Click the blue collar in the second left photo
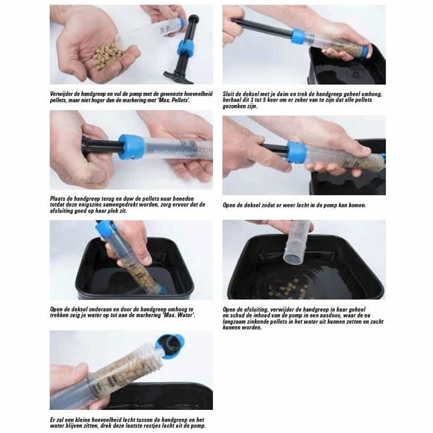[x=132, y=147]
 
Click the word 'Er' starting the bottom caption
[x=53, y=420]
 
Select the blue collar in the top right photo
[x=298, y=36]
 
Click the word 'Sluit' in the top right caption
[x=229, y=94]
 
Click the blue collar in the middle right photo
[x=297, y=152]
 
